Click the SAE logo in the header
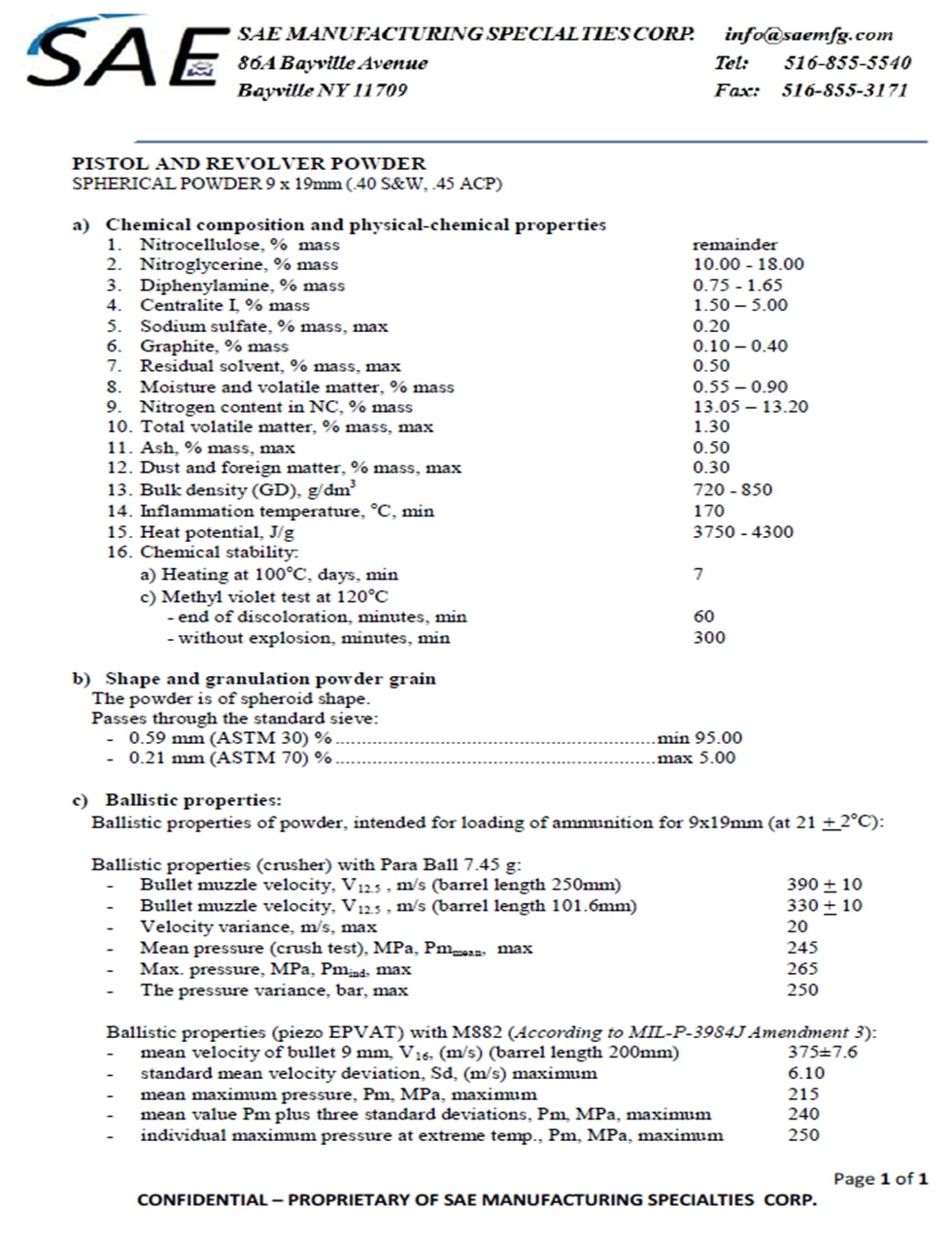coord(121,54)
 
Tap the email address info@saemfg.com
coord(808,34)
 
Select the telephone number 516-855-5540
coord(847,63)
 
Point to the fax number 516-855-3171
coord(844,90)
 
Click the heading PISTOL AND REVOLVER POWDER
coord(249,163)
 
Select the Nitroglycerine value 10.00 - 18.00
coord(748,264)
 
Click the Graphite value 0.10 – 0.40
coord(740,346)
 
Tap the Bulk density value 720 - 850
coord(732,489)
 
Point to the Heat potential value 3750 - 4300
coord(743,532)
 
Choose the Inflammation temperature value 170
coord(708,511)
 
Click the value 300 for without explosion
coord(709,638)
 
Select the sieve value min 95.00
coord(699,738)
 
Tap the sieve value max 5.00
coord(696,758)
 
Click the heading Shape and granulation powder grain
coord(270,679)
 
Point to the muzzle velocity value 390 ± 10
coord(824,885)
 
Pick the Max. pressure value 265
coord(802,969)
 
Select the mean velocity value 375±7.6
coord(823,1053)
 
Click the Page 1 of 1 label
coord(880,1179)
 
